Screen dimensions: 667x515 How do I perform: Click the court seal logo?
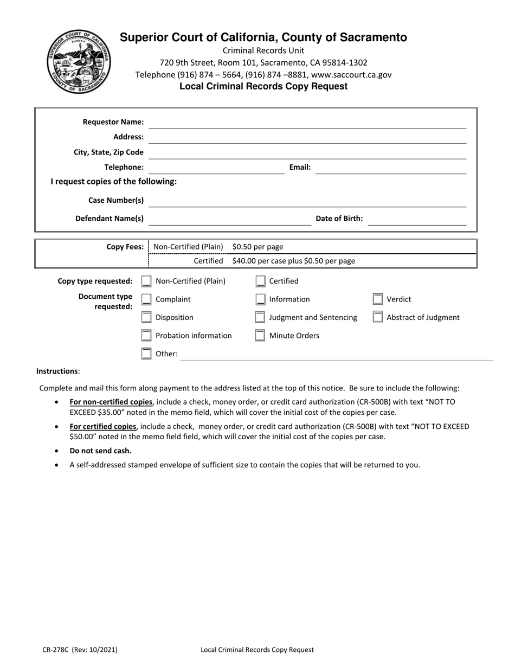(x=79, y=62)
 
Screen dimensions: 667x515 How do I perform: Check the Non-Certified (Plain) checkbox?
(x=146, y=281)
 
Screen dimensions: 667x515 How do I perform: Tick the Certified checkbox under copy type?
(x=260, y=281)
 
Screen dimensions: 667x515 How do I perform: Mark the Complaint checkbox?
(x=146, y=300)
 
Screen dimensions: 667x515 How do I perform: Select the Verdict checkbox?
(x=378, y=299)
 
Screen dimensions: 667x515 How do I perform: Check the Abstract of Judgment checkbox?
(x=378, y=317)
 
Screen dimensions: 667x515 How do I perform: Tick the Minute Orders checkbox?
(x=260, y=336)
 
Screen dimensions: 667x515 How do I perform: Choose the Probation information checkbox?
(x=146, y=336)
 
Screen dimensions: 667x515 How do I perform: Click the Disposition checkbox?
(x=146, y=318)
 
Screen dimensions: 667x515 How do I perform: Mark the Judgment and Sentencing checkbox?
(x=260, y=318)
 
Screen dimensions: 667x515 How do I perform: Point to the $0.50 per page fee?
(x=257, y=247)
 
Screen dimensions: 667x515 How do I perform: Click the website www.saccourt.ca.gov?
(x=351, y=75)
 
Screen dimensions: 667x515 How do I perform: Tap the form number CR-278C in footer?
(x=57, y=650)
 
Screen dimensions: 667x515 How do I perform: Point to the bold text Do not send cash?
(x=100, y=451)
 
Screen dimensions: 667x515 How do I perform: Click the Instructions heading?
(x=57, y=371)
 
